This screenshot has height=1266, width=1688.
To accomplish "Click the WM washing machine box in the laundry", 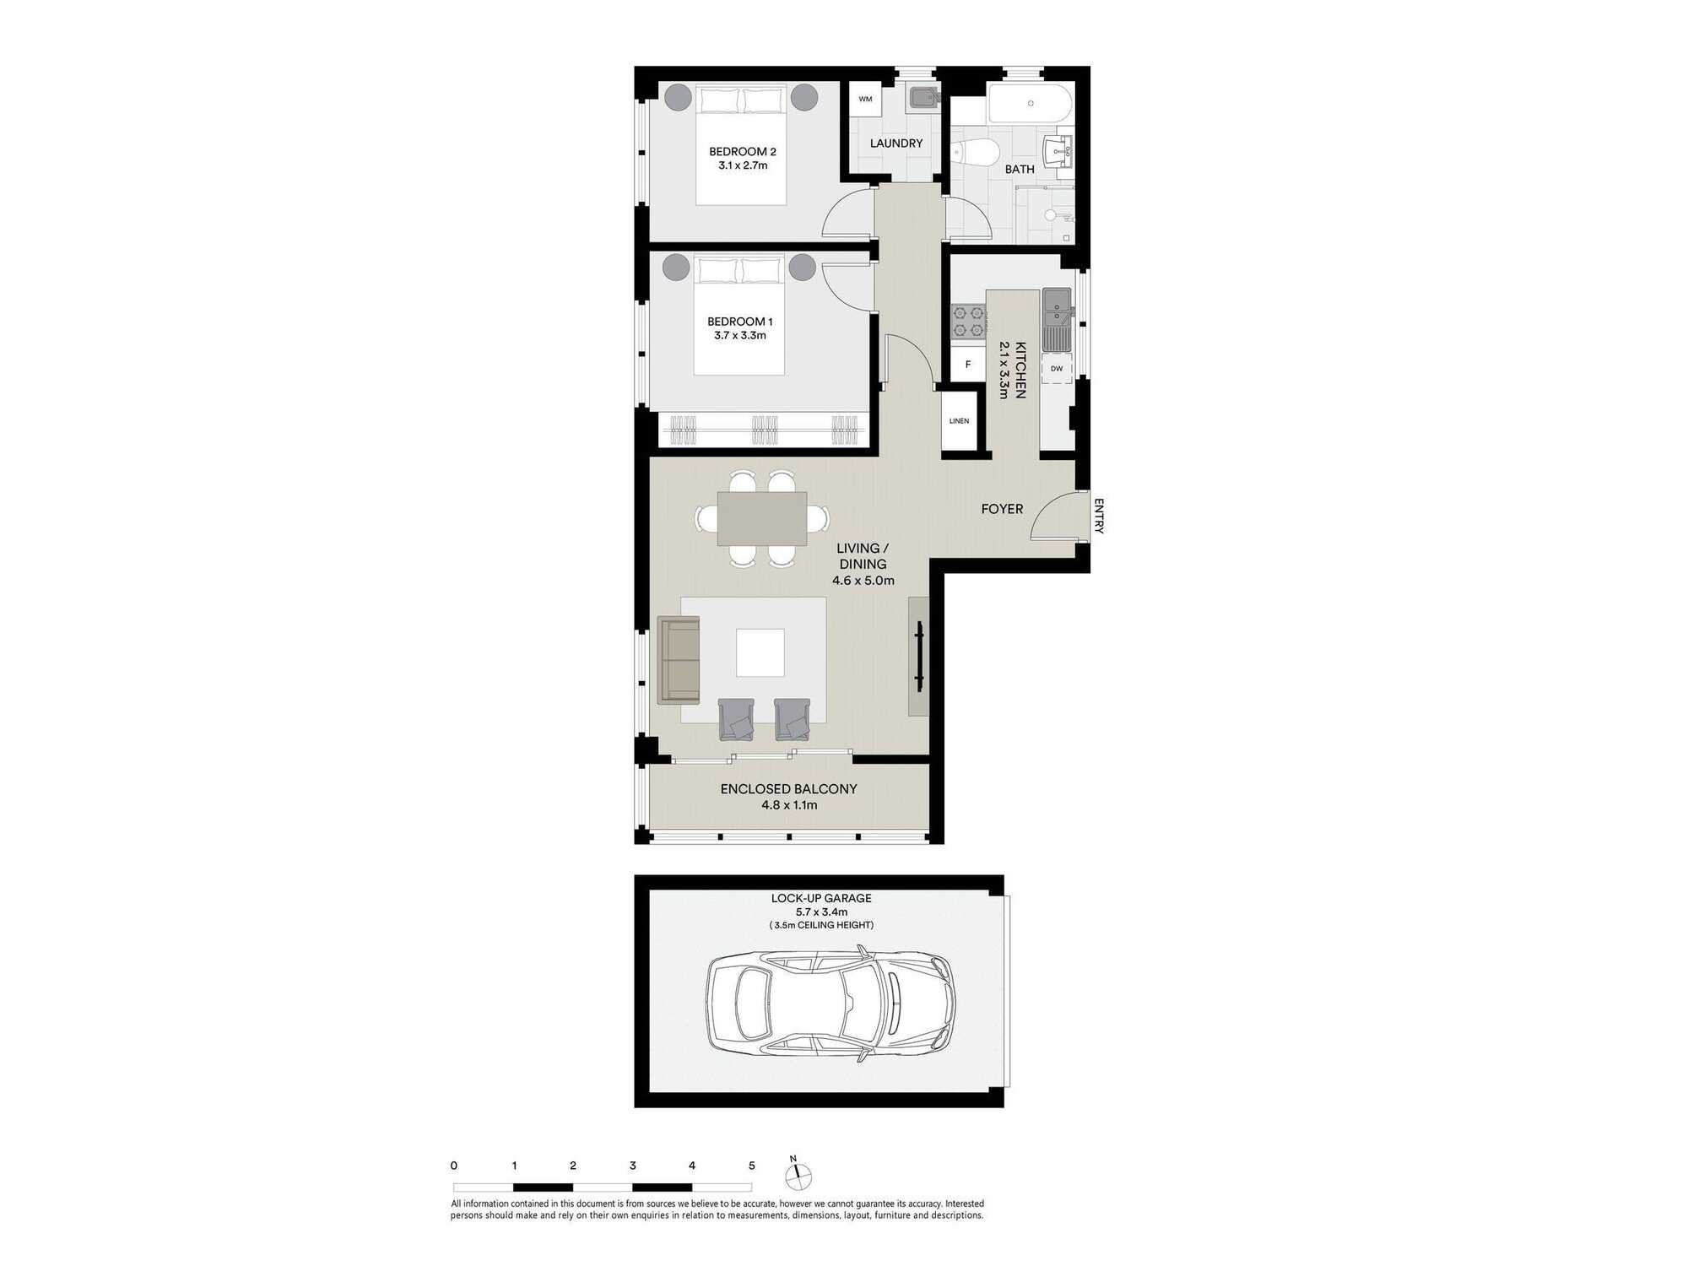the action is (x=865, y=99).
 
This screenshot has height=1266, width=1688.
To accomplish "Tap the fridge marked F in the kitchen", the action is (x=968, y=365).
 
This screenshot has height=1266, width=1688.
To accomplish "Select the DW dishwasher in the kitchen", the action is (x=1057, y=369).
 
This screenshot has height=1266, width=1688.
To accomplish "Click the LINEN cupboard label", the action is (x=959, y=421).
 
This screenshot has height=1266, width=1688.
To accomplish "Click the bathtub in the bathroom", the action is (x=1031, y=104).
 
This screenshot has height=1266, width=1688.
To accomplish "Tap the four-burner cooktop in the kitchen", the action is (x=969, y=321).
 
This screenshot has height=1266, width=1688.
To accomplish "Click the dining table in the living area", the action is (x=762, y=518).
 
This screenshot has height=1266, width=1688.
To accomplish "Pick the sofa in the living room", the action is (x=679, y=660).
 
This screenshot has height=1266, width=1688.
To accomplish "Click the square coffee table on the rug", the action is (x=760, y=652).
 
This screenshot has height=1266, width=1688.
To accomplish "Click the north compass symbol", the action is (x=798, y=1175).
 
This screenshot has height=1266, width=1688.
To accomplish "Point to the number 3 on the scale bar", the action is (x=632, y=1166).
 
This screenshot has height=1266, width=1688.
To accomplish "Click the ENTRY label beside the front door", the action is (x=1098, y=516).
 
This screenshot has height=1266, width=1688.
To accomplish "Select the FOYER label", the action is (x=1002, y=509).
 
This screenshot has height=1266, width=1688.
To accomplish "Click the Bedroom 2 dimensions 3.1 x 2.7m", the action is (x=743, y=165).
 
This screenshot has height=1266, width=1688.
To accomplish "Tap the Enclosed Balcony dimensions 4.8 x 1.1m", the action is (x=789, y=805).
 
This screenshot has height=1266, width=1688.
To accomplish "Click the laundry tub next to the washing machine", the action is (x=922, y=99).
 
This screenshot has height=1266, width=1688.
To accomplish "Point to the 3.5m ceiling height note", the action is (x=821, y=925).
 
